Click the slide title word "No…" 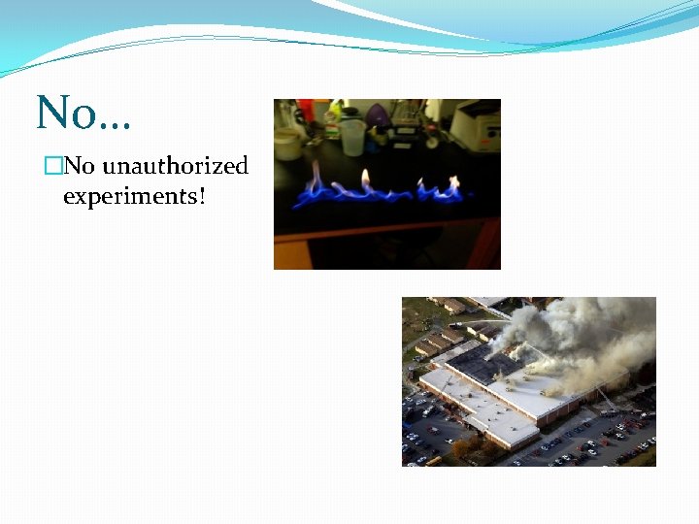pyautogui.click(x=83, y=114)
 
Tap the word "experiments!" pyautogui.click(x=135, y=196)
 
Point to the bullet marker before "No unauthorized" pyautogui.click(x=52, y=167)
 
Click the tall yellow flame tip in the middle pyautogui.click(x=366, y=178)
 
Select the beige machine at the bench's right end pyautogui.click(x=476, y=126)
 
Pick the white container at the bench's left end pyautogui.click(x=287, y=143)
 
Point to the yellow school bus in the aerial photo pyautogui.click(x=432, y=460)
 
